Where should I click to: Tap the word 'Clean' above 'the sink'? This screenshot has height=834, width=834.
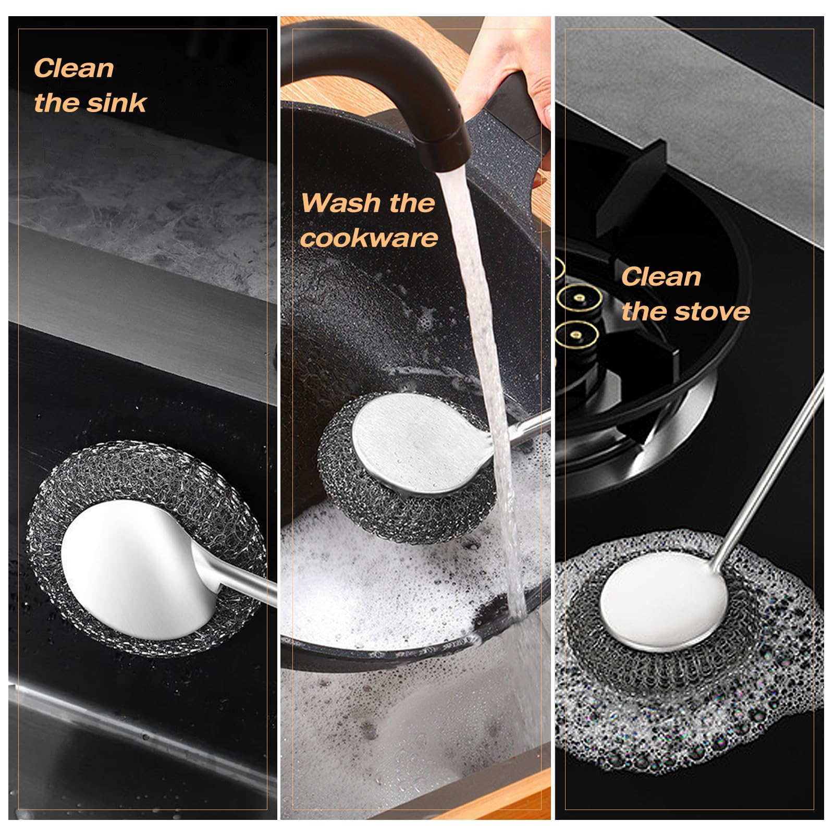(73, 68)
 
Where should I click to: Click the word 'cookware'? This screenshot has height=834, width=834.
(369, 238)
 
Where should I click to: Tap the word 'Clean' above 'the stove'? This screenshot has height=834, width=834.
(661, 276)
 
